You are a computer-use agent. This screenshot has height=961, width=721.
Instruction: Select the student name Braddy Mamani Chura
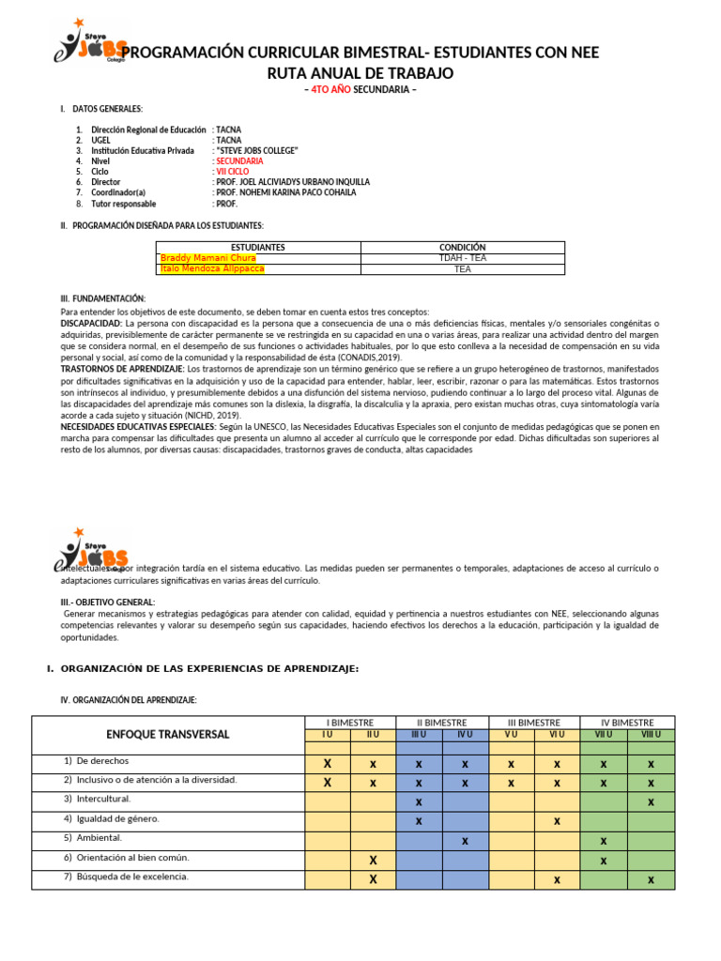tap(207, 258)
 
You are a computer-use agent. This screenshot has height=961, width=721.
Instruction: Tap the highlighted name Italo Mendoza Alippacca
tap(212, 269)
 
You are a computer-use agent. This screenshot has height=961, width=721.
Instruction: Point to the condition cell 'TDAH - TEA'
tap(462, 258)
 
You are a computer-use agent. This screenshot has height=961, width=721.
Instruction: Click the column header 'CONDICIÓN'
tap(462, 247)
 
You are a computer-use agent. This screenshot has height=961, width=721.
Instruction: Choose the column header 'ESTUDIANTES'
tap(257, 247)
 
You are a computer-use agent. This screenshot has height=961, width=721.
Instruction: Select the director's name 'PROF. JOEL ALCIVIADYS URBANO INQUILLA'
tap(294, 182)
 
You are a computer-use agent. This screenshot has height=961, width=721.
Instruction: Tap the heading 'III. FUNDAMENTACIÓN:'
tap(102, 297)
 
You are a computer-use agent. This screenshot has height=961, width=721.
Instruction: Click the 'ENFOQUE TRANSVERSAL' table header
tap(167, 734)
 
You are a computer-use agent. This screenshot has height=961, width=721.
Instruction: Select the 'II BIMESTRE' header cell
tap(441, 722)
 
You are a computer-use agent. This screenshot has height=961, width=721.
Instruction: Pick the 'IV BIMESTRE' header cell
tap(627, 722)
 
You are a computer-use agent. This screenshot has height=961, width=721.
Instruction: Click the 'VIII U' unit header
tap(651, 734)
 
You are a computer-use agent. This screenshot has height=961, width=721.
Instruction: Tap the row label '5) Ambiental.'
tap(93, 837)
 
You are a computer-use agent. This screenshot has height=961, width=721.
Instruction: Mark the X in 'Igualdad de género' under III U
tap(419, 820)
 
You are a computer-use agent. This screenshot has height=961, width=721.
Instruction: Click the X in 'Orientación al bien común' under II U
tap(373, 860)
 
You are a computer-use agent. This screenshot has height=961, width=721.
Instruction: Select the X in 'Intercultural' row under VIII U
tap(651, 801)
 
